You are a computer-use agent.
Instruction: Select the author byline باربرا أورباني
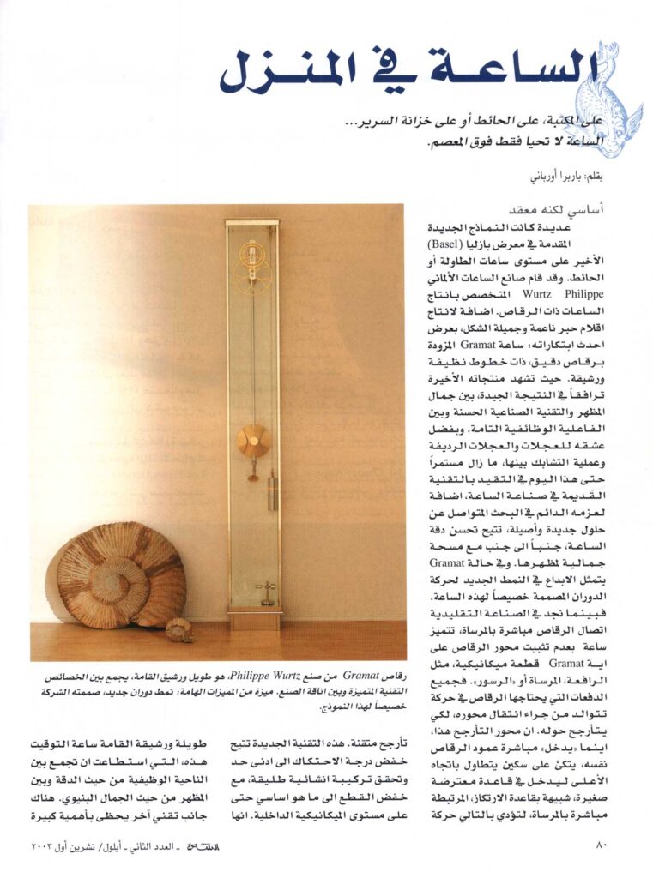(x=554, y=179)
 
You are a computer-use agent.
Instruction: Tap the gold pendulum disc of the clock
(x=253, y=440)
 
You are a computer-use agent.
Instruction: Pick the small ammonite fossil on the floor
(x=179, y=630)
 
